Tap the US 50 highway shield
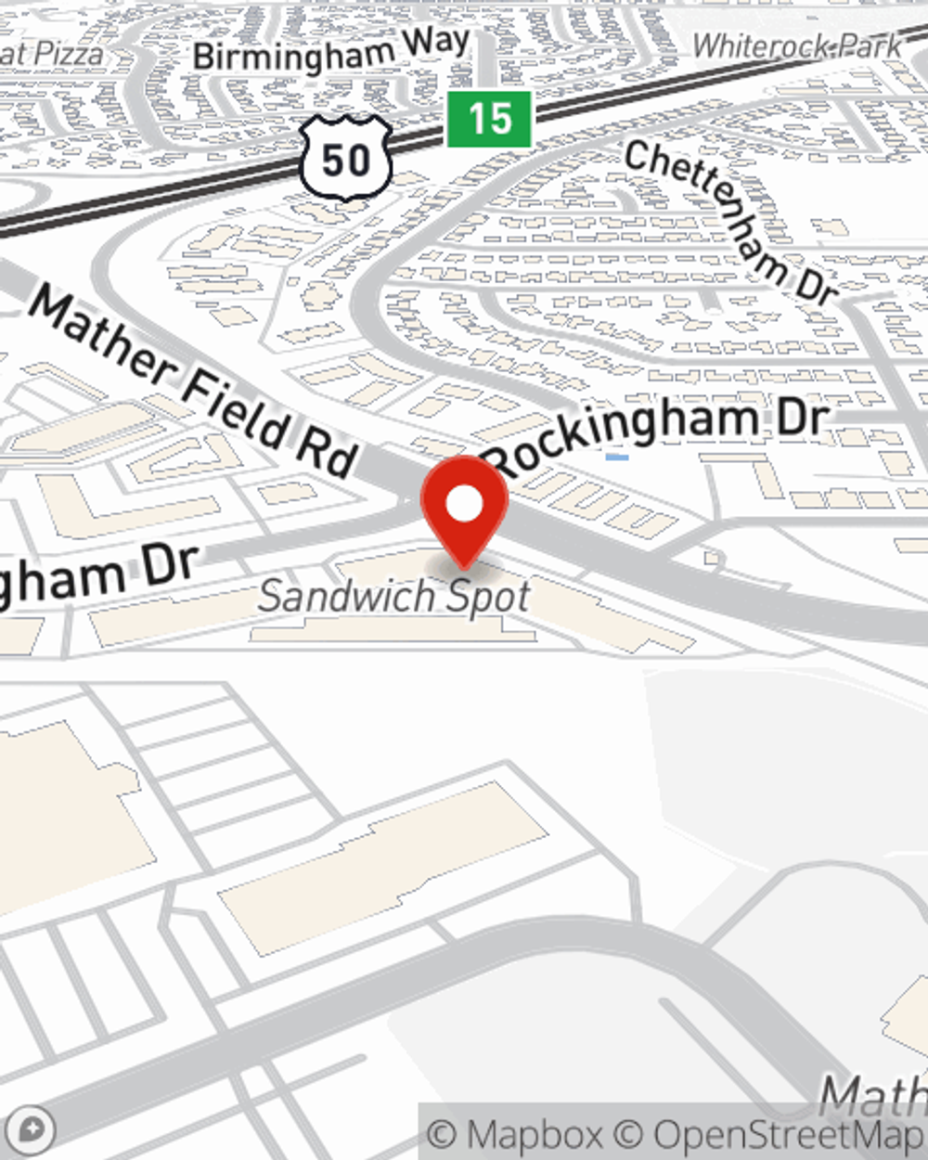(345, 159)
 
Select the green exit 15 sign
(489, 119)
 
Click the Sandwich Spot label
(394, 596)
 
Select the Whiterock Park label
(796, 45)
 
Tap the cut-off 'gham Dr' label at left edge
(97, 576)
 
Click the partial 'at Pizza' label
(51, 54)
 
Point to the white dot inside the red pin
(464, 505)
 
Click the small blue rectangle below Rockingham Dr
(616, 457)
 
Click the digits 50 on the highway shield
(345, 161)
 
